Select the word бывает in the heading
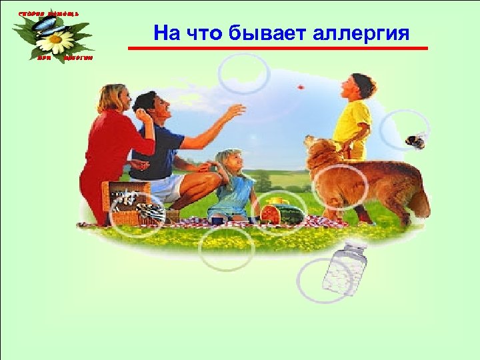click(x=267, y=33)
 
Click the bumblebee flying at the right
click(x=414, y=141)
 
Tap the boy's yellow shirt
click(x=351, y=123)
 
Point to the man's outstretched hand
click(x=235, y=111)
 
